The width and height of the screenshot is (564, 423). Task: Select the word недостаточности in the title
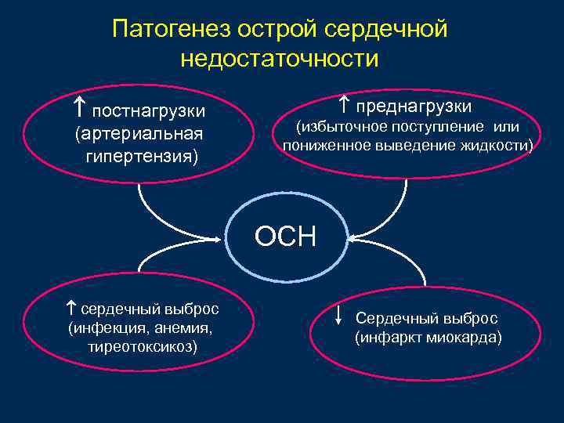pos(280,59)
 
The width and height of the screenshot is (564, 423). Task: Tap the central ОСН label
pos(285,236)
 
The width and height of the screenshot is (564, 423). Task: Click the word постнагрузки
pos(149,109)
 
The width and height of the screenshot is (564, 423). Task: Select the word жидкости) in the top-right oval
pos(499,145)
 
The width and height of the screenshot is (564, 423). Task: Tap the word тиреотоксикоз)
pos(143,345)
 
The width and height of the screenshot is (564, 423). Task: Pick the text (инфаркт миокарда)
pos(428,338)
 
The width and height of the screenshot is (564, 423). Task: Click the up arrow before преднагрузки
pos(345,103)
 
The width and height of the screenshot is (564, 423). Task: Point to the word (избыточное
pos(339,127)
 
